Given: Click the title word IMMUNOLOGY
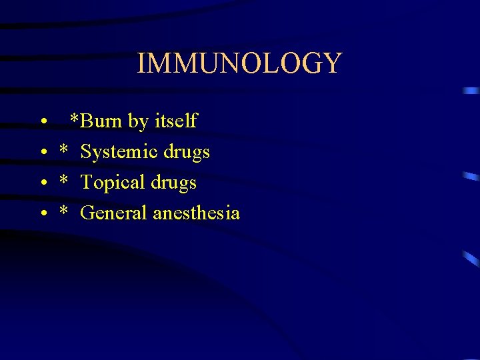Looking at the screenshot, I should (x=239, y=63).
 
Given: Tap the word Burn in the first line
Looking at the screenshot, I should (x=100, y=121).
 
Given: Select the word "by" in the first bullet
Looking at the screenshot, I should (x=138, y=121).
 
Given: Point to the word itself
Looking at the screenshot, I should (x=175, y=121).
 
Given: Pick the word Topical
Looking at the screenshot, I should (x=109, y=183).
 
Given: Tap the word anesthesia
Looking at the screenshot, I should (x=196, y=213).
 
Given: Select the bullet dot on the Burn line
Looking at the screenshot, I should (x=42, y=123).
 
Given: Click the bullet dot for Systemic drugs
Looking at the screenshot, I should (x=42, y=153).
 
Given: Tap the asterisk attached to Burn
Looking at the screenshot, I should (x=75, y=119).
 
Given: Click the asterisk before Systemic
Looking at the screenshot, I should (x=64, y=149).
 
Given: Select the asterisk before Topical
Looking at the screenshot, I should (x=64, y=180).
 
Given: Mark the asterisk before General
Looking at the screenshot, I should (x=64, y=211).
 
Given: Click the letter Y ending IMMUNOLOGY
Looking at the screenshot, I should (x=331, y=63).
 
